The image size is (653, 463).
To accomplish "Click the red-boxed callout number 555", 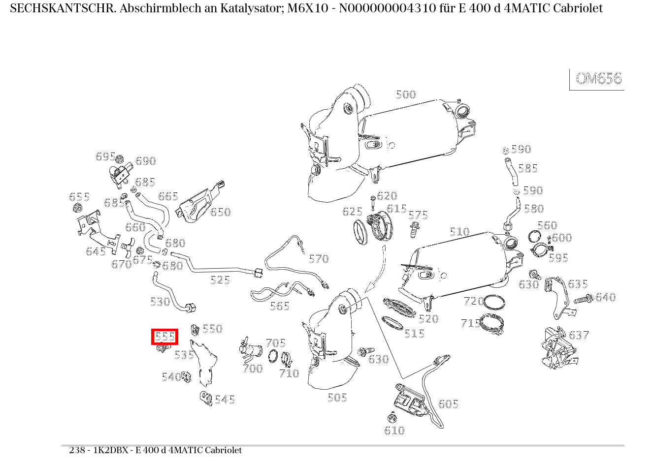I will pos(164,337).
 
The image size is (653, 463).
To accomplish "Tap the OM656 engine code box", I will pos(598,79).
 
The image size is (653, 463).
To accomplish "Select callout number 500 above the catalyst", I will pos(406,94).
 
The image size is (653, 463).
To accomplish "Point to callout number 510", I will pos(459,232).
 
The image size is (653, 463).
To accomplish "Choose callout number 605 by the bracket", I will pos(448,404).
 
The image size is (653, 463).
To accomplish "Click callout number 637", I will pos(579,335).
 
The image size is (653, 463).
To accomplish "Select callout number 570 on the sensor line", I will pos(318,259).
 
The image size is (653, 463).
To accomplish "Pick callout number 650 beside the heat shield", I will pos(220,212).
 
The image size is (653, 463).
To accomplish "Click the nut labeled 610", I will pos(392,420).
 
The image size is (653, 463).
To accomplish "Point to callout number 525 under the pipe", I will pos(220,280).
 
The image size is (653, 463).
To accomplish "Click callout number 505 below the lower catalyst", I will pos(337,398).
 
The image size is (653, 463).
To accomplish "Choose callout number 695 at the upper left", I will pos(105,156).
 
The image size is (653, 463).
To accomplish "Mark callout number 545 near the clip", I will pos(225,400).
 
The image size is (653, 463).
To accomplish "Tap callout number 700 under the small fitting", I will pos(252,369).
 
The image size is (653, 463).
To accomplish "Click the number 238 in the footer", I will pos(77,450).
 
